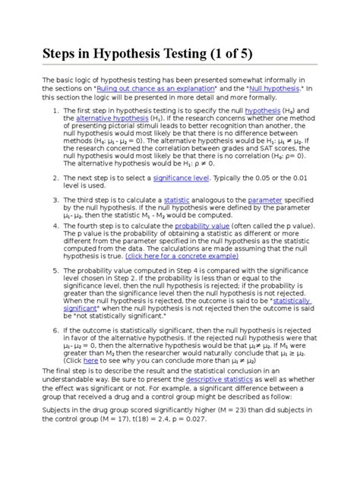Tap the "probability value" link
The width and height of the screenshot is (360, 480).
coord(202,226)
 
